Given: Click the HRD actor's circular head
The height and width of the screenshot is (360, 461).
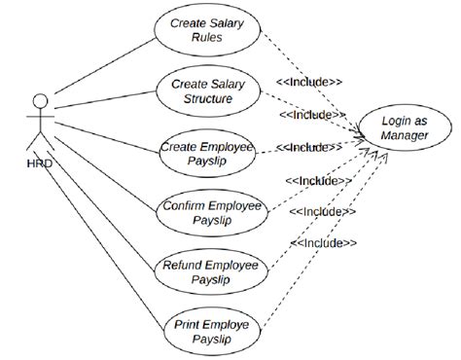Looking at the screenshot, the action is [40, 101].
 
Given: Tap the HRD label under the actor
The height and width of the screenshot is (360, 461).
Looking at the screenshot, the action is [40, 163].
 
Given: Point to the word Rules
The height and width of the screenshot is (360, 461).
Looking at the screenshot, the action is [207, 37].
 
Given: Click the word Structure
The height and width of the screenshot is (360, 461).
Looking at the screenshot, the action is [208, 98].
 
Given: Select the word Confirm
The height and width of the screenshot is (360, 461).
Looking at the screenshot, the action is [184, 205].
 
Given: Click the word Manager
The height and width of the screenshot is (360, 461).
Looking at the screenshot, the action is [405, 135].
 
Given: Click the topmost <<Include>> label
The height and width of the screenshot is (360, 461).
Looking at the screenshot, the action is [309, 82].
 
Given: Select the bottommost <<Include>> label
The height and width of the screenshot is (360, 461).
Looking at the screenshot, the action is [324, 243].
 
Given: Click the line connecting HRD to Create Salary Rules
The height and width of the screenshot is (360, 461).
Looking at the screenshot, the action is [105, 66].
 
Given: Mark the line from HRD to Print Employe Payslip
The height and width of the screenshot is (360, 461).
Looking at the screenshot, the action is [103, 240].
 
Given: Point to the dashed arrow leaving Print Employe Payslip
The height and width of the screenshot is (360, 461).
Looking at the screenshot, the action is [325, 241].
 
